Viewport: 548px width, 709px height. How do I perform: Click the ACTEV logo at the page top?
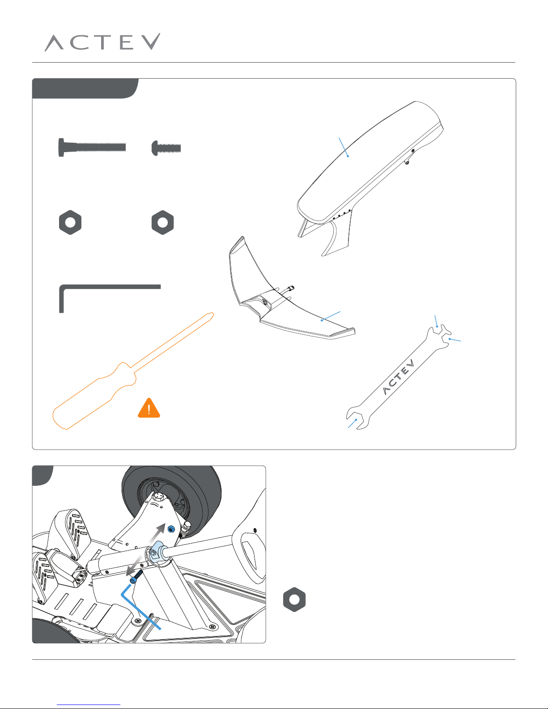point(102,42)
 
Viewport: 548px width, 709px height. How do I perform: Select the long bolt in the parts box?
point(92,148)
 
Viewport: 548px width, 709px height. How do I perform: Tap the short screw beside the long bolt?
point(166,148)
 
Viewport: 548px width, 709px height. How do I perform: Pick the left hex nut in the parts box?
point(70,222)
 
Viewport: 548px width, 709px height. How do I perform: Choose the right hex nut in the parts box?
point(163,222)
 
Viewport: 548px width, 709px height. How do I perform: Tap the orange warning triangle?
point(149,408)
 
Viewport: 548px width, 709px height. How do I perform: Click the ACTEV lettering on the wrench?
point(398,377)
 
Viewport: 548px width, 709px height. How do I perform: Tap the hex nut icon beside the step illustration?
point(294,599)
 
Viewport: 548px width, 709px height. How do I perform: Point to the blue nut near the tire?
point(170,529)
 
